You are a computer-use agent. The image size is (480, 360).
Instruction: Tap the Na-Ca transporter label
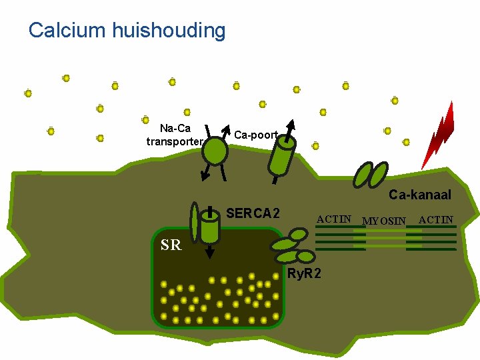pos(175,135)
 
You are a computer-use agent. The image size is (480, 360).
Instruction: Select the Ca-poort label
pos(256,135)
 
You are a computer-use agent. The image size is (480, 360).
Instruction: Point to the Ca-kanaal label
pos(420,195)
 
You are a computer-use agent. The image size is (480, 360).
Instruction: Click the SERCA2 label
pos(253,214)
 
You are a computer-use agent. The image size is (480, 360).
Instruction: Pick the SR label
pos(171,245)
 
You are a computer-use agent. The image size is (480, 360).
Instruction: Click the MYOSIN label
pos(383,220)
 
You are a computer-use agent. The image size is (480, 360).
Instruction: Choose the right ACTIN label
pos(436,219)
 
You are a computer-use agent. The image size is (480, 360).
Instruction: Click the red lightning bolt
pos(439,137)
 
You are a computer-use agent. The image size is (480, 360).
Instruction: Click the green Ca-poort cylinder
pos(282,155)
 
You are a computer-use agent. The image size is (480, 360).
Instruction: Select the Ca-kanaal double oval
pos(369,174)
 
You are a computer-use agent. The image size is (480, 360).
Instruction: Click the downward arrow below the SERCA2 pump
pos(210,252)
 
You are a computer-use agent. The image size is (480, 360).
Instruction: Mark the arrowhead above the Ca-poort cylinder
pos(290,124)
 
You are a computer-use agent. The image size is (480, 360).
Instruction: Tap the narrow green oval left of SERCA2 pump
pos(194,221)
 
